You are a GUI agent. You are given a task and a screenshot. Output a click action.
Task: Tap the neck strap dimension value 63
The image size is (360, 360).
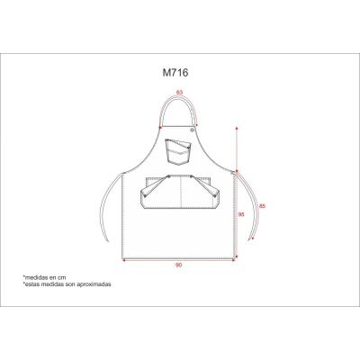tap(179, 92)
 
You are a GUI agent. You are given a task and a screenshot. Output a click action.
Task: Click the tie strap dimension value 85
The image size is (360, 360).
tap(262, 206)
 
